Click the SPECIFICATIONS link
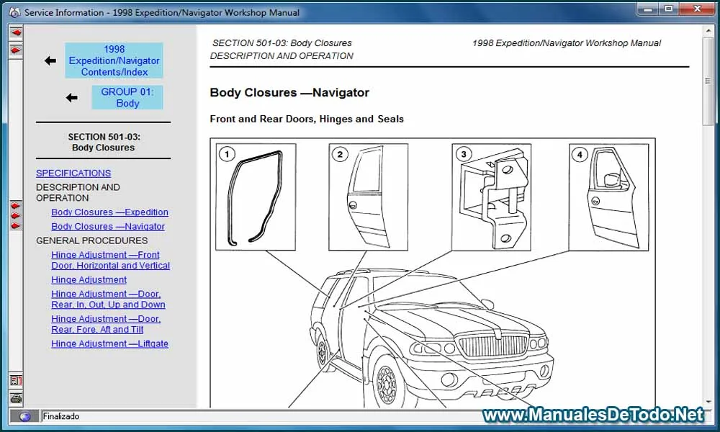pyautogui.click(x=73, y=173)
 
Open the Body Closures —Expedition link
pyautogui.click(x=109, y=212)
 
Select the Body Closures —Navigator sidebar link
pyautogui.click(x=108, y=226)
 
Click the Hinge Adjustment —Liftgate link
pyautogui.click(x=109, y=343)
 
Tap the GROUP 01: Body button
pyautogui.click(x=127, y=97)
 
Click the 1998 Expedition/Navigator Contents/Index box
pyautogui.click(x=114, y=60)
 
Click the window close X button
pyautogui.click(x=695, y=9)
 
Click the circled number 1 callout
pyautogui.click(x=228, y=154)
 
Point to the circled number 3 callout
pyautogui.click(x=464, y=154)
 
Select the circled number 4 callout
pyautogui.click(x=580, y=154)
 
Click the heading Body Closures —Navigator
pyautogui.click(x=289, y=92)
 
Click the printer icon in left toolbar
pyautogui.click(x=16, y=398)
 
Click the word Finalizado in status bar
pyautogui.click(x=61, y=416)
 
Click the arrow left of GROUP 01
pyautogui.click(x=71, y=97)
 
